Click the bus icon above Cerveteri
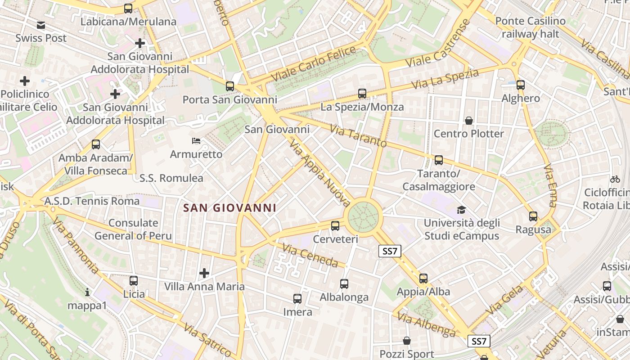[335, 226]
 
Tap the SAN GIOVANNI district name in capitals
[230, 208]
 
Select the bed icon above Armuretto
[196, 141]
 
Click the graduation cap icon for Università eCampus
[461, 210]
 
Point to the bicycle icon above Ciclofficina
[615, 179]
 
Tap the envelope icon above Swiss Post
[41, 25]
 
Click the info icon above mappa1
[87, 292]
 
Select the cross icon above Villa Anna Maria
[204, 273]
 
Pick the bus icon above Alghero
[521, 85]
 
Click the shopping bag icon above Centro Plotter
[469, 121]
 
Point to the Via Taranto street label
[358, 136]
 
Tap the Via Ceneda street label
[310, 255]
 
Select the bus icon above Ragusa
[533, 216]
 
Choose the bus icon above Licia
[134, 281]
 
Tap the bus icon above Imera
[297, 299]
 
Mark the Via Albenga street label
[427, 325]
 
